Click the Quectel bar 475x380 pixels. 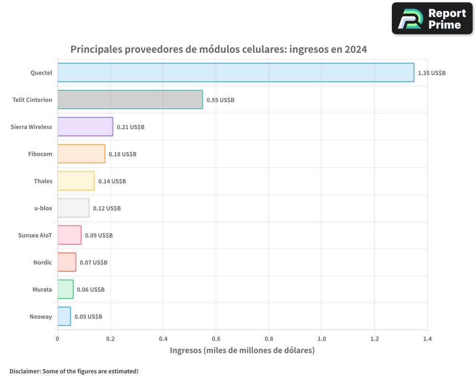click(236, 73)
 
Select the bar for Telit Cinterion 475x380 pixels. click(130, 100)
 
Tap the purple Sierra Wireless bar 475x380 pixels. click(85, 127)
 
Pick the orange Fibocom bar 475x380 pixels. click(81, 154)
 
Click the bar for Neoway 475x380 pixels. click(64, 316)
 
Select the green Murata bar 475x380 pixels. click(66, 289)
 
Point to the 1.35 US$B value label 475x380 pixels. click(431, 73)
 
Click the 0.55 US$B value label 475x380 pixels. click(220, 100)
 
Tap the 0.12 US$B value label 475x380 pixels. click(106, 209)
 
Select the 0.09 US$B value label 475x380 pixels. click(98, 236)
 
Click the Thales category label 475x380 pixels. click(43, 181)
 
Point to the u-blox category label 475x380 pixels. click(43, 208)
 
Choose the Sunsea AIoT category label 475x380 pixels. click(35, 235)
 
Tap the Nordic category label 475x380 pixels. click(42, 262)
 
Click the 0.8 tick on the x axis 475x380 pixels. click(269, 339)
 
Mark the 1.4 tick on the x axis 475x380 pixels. click(427, 339)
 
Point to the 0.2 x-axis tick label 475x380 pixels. click(110, 339)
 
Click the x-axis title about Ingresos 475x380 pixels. click(242, 351)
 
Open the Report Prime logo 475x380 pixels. click(432, 19)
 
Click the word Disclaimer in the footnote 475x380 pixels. click(24, 371)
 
